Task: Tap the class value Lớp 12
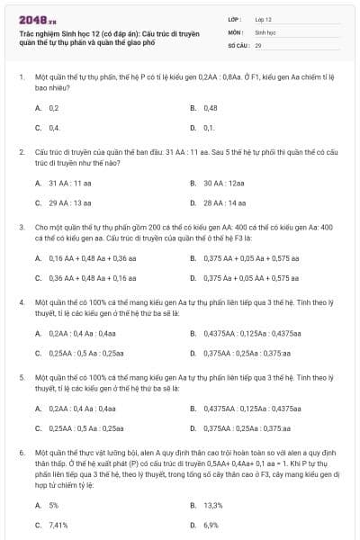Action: [263, 19]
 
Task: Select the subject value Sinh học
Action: [265, 31]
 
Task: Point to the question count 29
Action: [258, 44]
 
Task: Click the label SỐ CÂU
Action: [237, 44]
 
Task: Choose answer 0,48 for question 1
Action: [211, 107]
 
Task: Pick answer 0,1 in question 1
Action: [209, 128]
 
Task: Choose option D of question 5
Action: [239, 428]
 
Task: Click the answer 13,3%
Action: [212, 505]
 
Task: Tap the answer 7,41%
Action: [58, 525]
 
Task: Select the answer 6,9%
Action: [211, 525]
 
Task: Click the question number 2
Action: [21, 154]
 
